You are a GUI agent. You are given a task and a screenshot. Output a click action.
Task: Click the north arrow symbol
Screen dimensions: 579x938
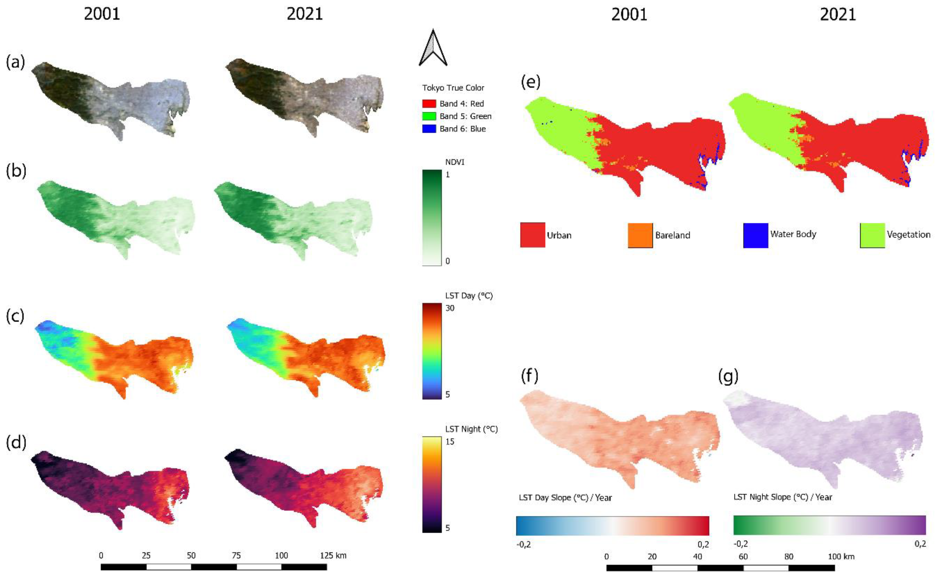pyautogui.click(x=433, y=48)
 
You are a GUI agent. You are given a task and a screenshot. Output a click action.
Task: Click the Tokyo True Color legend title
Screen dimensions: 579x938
pyautogui.click(x=453, y=88)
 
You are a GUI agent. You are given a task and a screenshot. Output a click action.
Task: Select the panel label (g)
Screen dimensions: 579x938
pyautogui.click(x=728, y=376)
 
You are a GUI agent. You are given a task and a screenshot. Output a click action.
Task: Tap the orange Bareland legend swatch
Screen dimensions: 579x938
pyautogui.click(x=640, y=235)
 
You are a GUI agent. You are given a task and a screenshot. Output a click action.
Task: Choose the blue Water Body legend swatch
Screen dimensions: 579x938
pyautogui.click(x=755, y=235)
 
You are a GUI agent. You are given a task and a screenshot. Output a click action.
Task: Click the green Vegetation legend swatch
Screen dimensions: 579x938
pyautogui.click(x=872, y=235)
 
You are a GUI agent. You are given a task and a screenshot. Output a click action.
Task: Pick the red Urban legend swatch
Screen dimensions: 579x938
pyautogui.click(x=532, y=235)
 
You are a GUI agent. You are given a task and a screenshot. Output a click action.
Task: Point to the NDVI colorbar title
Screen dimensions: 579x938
pyautogui.click(x=455, y=162)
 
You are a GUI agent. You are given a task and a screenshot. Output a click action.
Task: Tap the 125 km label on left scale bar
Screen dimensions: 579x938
pyautogui.click(x=333, y=555)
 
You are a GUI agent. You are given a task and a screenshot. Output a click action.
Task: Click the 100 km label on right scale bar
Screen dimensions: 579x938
pyautogui.click(x=841, y=556)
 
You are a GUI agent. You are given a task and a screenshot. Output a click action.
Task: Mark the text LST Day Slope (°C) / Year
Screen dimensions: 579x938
pyautogui.click(x=565, y=498)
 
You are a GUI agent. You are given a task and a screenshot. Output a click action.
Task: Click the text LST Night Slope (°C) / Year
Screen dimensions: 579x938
pyautogui.click(x=783, y=497)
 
